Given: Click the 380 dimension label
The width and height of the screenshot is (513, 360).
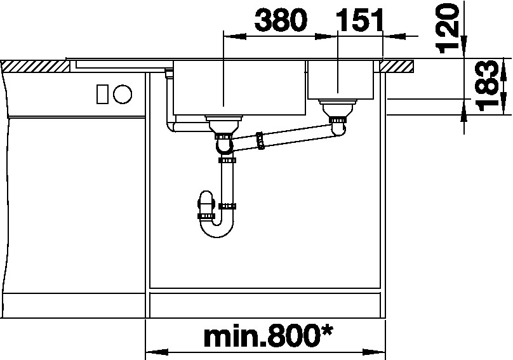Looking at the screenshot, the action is tap(281, 20).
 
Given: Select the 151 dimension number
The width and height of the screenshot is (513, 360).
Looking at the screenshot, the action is tap(359, 20).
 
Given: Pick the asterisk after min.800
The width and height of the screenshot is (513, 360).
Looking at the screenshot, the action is tap(325, 331).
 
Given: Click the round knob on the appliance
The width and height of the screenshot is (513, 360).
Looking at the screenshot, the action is tap(123, 94).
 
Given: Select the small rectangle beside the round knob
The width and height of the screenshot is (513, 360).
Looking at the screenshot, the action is tap(102, 94).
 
